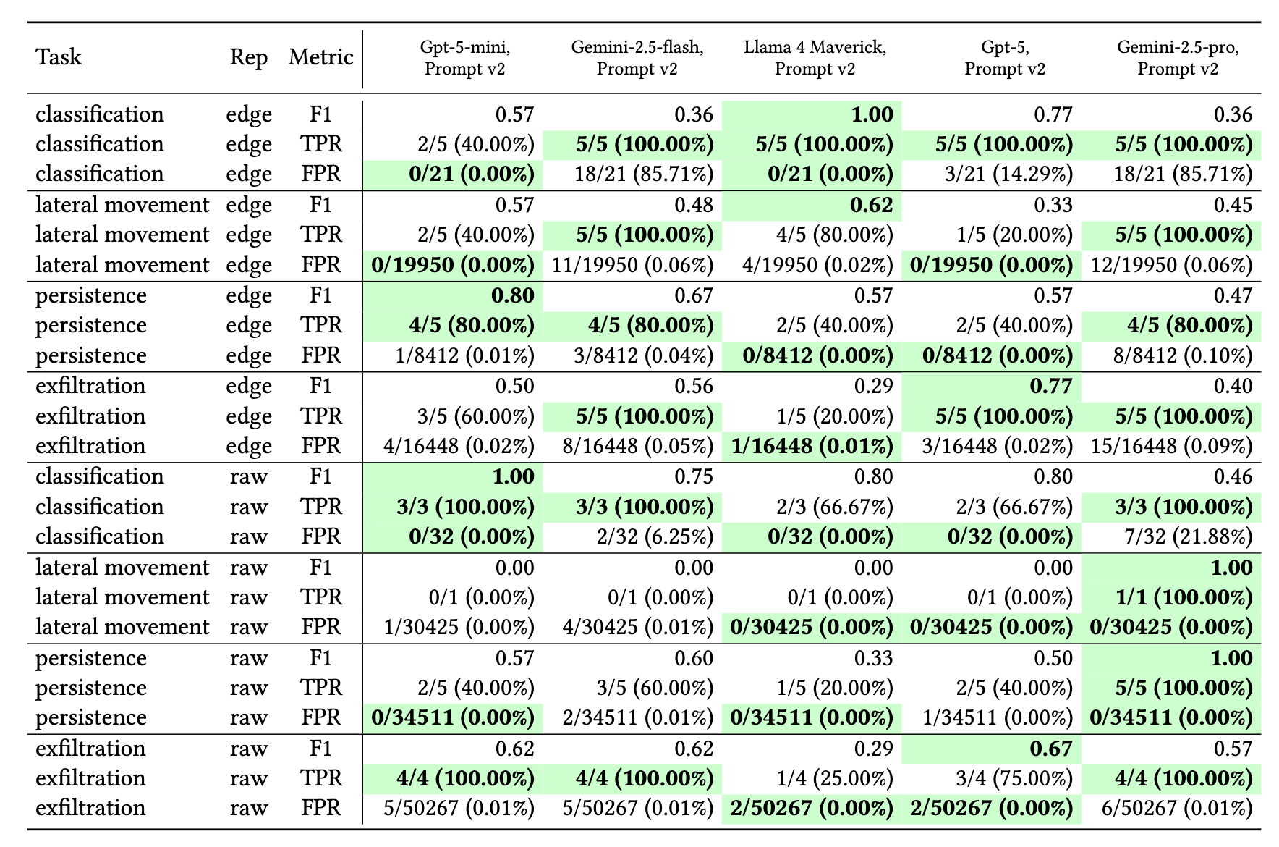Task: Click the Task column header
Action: [59, 57]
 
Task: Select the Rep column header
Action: [249, 58]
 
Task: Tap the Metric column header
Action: [321, 57]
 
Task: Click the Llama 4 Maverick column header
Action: [815, 58]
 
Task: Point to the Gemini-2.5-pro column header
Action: [1178, 58]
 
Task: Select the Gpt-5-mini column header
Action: [465, 58]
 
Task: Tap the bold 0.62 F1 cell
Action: [872, 205]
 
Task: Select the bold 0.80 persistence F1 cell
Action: [513, 295]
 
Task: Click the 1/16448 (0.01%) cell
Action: [812, 446]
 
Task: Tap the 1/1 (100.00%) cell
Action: [1184, 597]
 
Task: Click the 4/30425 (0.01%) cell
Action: [638, 627]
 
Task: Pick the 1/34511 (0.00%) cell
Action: [998, 717]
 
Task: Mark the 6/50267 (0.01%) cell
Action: [1177, 808]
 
